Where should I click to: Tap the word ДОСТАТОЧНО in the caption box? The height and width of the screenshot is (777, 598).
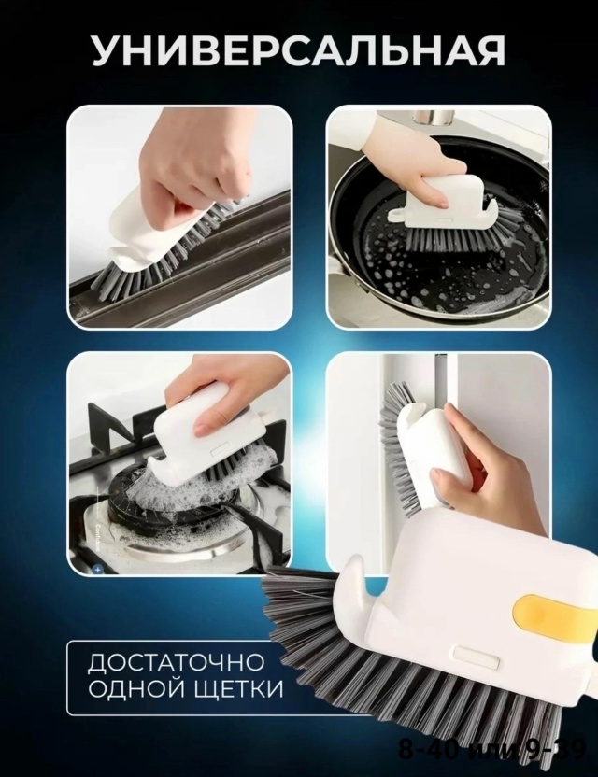[176, 664]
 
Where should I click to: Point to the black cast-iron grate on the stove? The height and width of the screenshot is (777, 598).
[112, 439]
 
